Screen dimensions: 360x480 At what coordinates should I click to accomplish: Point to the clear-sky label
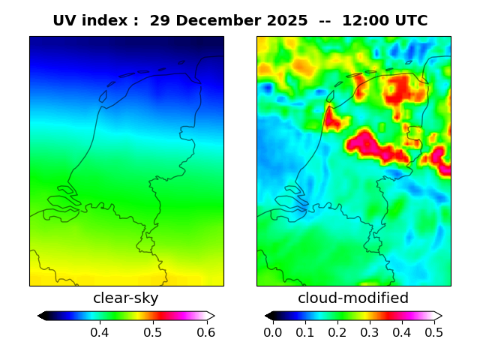(x=126, y=298)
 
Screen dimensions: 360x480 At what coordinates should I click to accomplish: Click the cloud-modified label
(x=353, y=298)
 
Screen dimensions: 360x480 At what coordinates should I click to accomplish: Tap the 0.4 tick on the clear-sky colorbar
(x=100, y=332)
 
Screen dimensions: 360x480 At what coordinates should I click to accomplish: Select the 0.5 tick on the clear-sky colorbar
(x=153, y=332)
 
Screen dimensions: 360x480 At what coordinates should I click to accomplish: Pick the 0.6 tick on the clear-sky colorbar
(x=206, y=332)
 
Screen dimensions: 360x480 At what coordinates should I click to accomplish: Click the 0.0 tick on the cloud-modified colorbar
(x=273, y=332)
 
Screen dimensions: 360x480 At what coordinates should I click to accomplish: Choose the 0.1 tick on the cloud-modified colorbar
(x=305, y=332)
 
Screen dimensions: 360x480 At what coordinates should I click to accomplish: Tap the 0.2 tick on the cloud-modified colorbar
(x=337, y=332)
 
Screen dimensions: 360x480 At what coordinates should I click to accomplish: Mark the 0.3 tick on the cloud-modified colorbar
(x=370, y=332)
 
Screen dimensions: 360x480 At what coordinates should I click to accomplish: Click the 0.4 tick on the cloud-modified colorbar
(x=402, y=332)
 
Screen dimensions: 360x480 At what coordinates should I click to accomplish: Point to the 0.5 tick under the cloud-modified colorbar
(x=433, y=332)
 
